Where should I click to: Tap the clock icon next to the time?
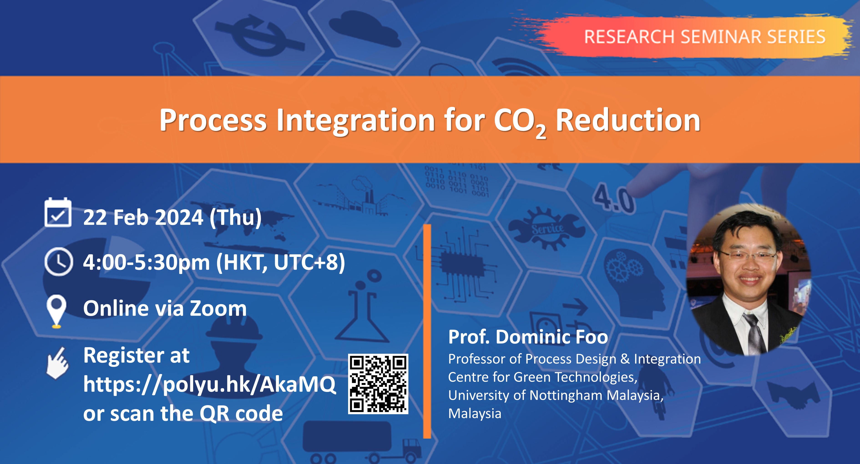pyautogui.click(x=58, y=261)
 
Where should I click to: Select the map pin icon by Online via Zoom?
pyautogui.click(x=56, y=311)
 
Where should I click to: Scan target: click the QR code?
pyautogui.click(x=378, y=384)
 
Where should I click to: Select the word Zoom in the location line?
pyautogui.click(x=218, y=308)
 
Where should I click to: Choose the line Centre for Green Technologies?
pyautogui.click(x=543, y=377)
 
